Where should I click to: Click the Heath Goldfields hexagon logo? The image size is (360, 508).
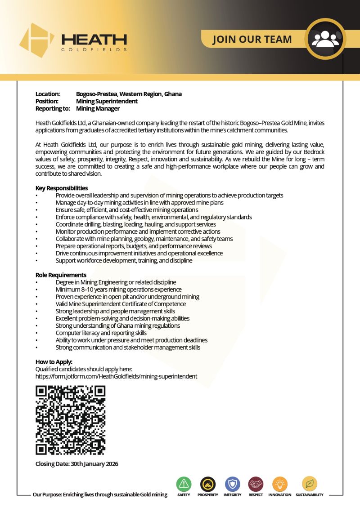tap(36, 40)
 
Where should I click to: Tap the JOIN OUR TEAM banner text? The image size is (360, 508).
tap(252, 39)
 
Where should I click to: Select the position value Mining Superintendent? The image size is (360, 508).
tap(107, 101)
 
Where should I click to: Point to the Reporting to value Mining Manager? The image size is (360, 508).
tap(98, 108)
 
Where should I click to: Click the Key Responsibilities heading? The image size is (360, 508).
tap(62, 188)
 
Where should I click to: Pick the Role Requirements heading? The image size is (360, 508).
tap(61, 275)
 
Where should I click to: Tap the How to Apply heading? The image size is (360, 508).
tap(54, 362)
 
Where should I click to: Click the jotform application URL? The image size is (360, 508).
tap(116, 376)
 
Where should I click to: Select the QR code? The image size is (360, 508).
tap(70, 420)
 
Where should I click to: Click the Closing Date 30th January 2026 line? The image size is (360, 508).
tap(76, 463)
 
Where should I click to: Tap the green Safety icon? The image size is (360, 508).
tap(184, 484)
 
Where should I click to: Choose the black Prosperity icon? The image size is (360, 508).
tap(208, 484)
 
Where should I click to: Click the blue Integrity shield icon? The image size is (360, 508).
tap(232, 484)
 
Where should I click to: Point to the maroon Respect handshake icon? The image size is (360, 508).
tap(256, 484)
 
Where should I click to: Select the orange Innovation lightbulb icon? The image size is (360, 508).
tap(279, 484)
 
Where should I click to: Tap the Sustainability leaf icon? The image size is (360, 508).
tap(309, 484)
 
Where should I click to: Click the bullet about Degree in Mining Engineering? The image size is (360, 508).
tap(116, 282)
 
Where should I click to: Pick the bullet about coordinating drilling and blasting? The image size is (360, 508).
tap(135, 224)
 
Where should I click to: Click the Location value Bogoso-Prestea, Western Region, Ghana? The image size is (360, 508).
tap(129, 94)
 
